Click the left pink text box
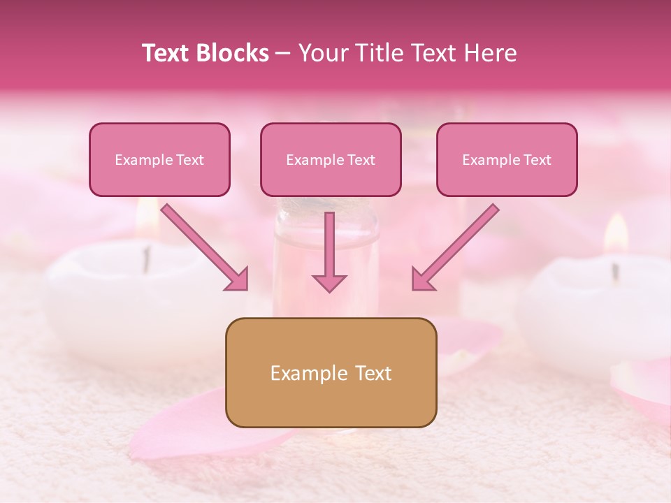click(159, 159)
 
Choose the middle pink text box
click(331, 159)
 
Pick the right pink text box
click(507, 159)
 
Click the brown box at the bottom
click(331, 372)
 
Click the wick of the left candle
click(146, 258)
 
